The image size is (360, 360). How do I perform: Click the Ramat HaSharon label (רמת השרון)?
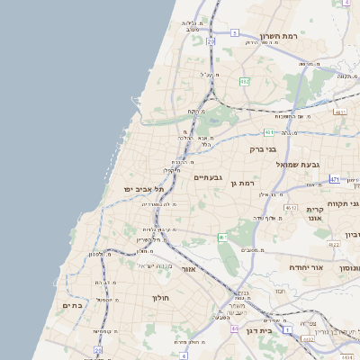[278, 36]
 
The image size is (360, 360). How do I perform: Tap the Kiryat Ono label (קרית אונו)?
[314, 213]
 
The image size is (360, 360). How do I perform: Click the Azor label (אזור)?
[188, 269]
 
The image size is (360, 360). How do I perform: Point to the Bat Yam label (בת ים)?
[72, 306]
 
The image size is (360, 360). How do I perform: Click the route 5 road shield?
[235, 32]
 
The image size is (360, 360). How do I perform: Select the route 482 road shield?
[245, 81]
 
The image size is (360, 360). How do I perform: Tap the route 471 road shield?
[334, 179]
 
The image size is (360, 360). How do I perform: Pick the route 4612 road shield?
[291, 208]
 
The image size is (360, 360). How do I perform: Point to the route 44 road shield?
[234, 329]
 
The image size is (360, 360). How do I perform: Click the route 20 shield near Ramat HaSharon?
[211, 41]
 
